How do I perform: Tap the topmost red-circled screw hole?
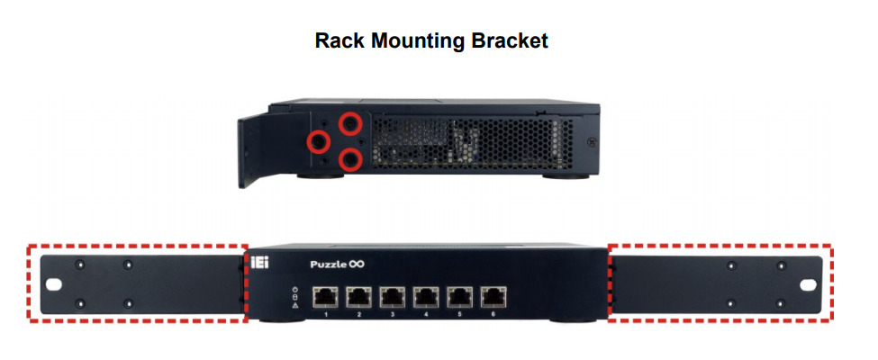pyautogui.click(x=350, y=122)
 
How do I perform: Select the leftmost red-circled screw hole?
pyautogui.click(x=317, y=140)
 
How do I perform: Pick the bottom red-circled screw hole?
pyautogui.click(x=350, y=159)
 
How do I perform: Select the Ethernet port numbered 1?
pyautogui.click(x=325, y=295)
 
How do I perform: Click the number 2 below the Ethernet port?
pyautogui.click(x=359, y=313)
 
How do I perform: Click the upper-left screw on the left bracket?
pyautogui.click(x=79, y=265)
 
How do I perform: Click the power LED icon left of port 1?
pyautogui.click(x=294, y=289)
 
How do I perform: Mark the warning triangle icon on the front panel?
pyautogui.click(x=294, y=307)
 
